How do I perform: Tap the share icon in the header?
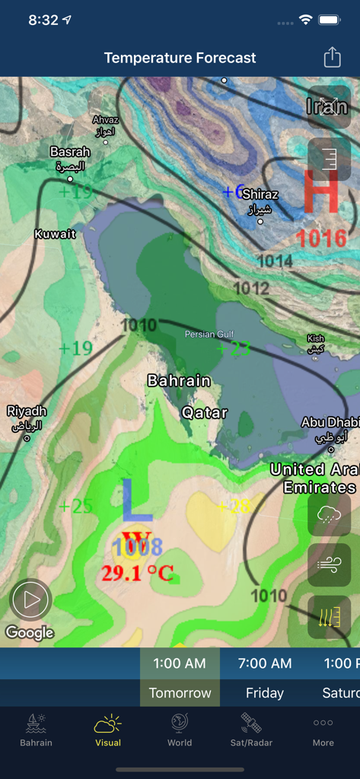tap(332, 58)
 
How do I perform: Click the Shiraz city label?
tap(260, 195)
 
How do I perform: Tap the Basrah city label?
tap(70, 152)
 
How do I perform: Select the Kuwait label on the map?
tap(55, 234)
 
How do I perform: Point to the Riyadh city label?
tap(27, 412)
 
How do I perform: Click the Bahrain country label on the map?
tap(179, 380)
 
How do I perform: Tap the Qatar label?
tap(205, 413)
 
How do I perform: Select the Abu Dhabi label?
tap(330, 423)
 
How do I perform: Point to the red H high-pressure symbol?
tap(320, 192)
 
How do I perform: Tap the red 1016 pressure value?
tap(321, 239)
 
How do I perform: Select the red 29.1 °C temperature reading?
tap(138, 573)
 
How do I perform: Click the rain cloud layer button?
tap(329, 515)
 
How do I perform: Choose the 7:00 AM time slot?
tap(265, 663)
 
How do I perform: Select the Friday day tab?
tap(265, 693)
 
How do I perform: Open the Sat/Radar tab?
tap(251, 730)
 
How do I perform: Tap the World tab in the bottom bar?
tap(180, 730)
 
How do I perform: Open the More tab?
tap(323, 730)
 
